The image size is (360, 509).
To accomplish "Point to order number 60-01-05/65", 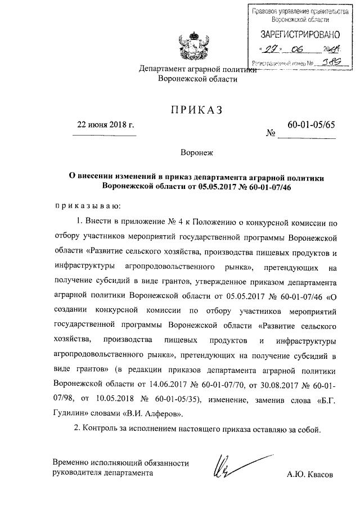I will click(310, 125).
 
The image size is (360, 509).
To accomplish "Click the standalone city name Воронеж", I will click(197, 152).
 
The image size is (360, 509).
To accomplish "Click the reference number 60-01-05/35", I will click(178, 399).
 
